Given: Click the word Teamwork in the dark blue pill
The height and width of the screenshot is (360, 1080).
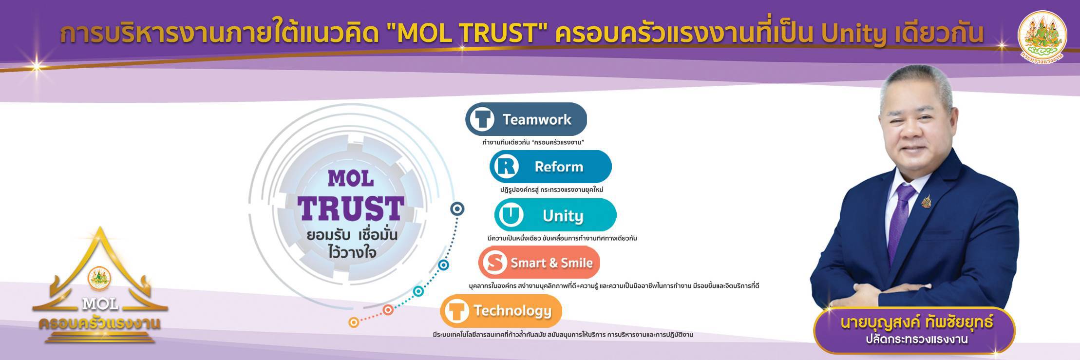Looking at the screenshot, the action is click(x=537, y=119).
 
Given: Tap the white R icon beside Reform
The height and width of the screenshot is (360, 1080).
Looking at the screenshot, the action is click(x=506, y=167).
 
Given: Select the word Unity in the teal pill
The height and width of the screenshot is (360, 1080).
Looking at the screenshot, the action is click(x=563, y=215).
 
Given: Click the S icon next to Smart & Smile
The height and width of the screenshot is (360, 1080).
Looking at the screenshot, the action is click(x=494, y=263).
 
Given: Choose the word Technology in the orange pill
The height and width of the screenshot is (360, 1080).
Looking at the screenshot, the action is click(x=512, y=311).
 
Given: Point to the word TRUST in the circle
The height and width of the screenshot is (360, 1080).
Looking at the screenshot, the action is click(x=351, y=208).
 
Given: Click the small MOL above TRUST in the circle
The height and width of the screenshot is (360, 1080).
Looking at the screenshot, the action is click(x=351, y=179).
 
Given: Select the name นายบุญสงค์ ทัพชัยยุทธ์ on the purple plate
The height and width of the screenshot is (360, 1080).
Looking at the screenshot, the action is click(x=916, y=322).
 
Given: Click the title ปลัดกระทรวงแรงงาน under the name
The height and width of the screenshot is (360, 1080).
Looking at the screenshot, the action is click(x=916, y=340).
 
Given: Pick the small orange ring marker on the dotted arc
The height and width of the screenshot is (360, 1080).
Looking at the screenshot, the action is click(x=354, y=322).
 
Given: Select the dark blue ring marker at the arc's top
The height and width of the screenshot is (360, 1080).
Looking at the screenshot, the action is click(x=457, y=209).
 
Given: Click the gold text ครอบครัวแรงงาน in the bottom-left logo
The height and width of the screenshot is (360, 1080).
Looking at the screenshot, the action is click(x=100, y=323).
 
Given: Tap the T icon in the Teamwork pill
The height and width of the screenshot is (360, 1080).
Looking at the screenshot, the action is click(x=482, y=119).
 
